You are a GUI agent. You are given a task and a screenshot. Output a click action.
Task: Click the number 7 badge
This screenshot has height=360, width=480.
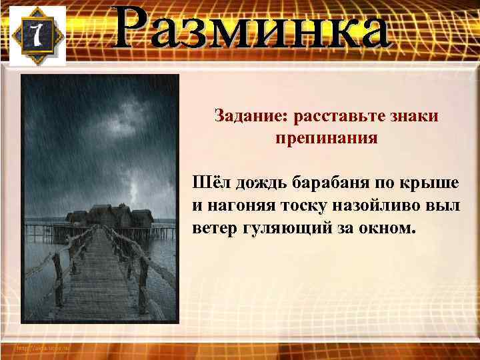[37, 36]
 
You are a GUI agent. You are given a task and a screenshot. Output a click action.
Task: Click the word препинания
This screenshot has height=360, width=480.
[326, 139]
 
